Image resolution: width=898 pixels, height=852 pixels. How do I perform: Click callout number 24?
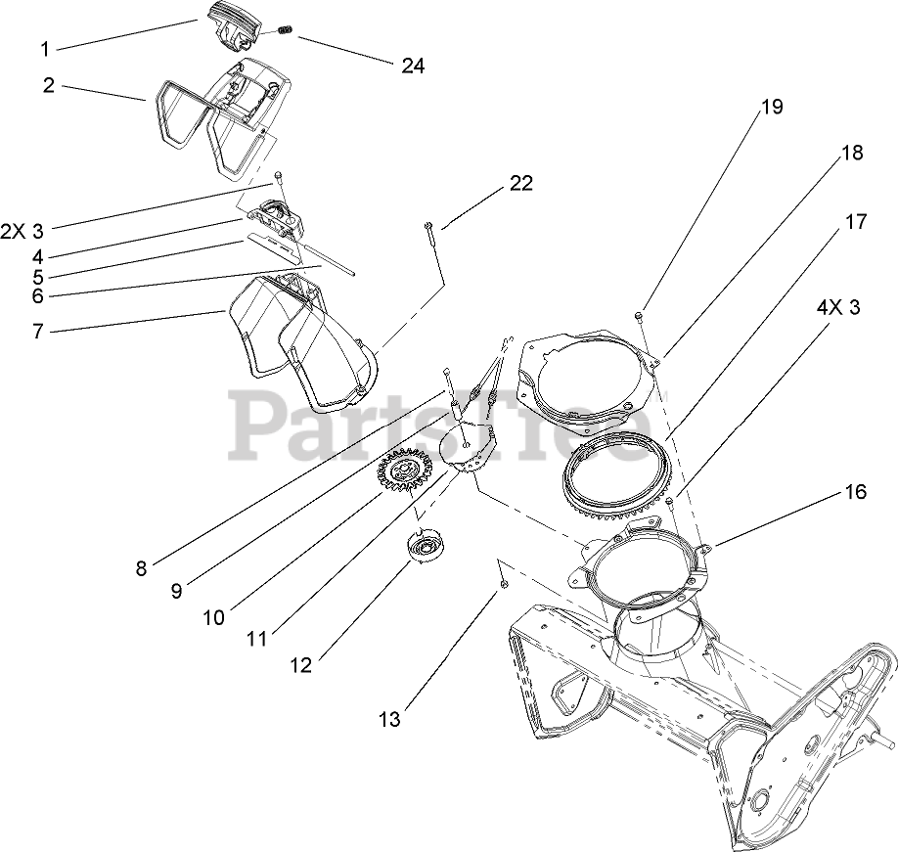(x=413, y=66)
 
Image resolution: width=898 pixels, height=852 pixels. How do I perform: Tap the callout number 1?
(x=44, y=48)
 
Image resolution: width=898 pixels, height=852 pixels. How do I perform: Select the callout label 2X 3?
(x=22, y=232)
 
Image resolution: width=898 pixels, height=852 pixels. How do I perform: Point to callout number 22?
(x=520, y=184)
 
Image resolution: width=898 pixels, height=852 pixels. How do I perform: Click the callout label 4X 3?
(x=838, y=307)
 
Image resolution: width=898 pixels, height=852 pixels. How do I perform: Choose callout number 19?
(x=772, y=108)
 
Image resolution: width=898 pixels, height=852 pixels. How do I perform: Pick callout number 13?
(x=390, y=721)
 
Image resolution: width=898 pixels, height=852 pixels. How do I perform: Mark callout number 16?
(x=855, y=492)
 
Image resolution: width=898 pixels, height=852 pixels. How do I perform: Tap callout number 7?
(x=38, y=332)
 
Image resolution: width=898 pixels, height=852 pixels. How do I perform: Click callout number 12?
(x=300, y=665)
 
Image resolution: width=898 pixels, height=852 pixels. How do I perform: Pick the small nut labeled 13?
(x=502, y=583)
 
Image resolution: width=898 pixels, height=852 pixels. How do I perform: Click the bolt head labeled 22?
(x=429, y=228)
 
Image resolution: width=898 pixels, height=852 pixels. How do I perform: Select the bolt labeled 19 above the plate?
(x=638, y=315)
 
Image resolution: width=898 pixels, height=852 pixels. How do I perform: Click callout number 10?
(x=213, y=617)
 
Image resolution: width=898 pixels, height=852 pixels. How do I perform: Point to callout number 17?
(x=855, y=222)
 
